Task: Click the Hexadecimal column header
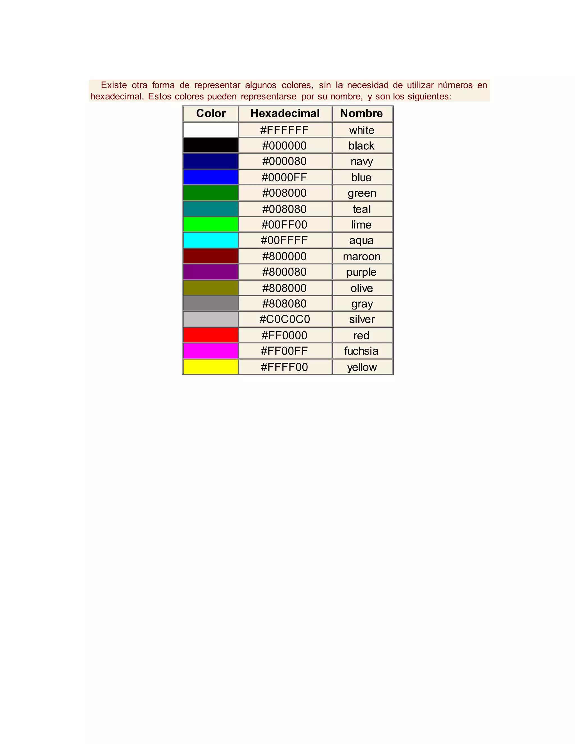coord(285,113)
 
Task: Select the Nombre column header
coord(361,113)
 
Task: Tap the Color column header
coord(211,113)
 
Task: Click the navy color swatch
coord(211,161)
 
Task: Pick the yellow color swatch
coord(211,367)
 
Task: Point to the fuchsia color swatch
coord(211,351)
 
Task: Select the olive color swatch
coord(211,288)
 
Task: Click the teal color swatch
coord(211,209)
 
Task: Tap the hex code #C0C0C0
coord(284,319)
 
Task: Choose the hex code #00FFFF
coord(284,240)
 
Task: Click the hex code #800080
coord(284,272)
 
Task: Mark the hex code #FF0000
coord(284,335)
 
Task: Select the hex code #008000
coord(284,193)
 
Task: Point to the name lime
coord(361,225)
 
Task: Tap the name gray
coord(362,303)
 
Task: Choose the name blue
coord(361,177)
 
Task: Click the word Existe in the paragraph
coord(114,85)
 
